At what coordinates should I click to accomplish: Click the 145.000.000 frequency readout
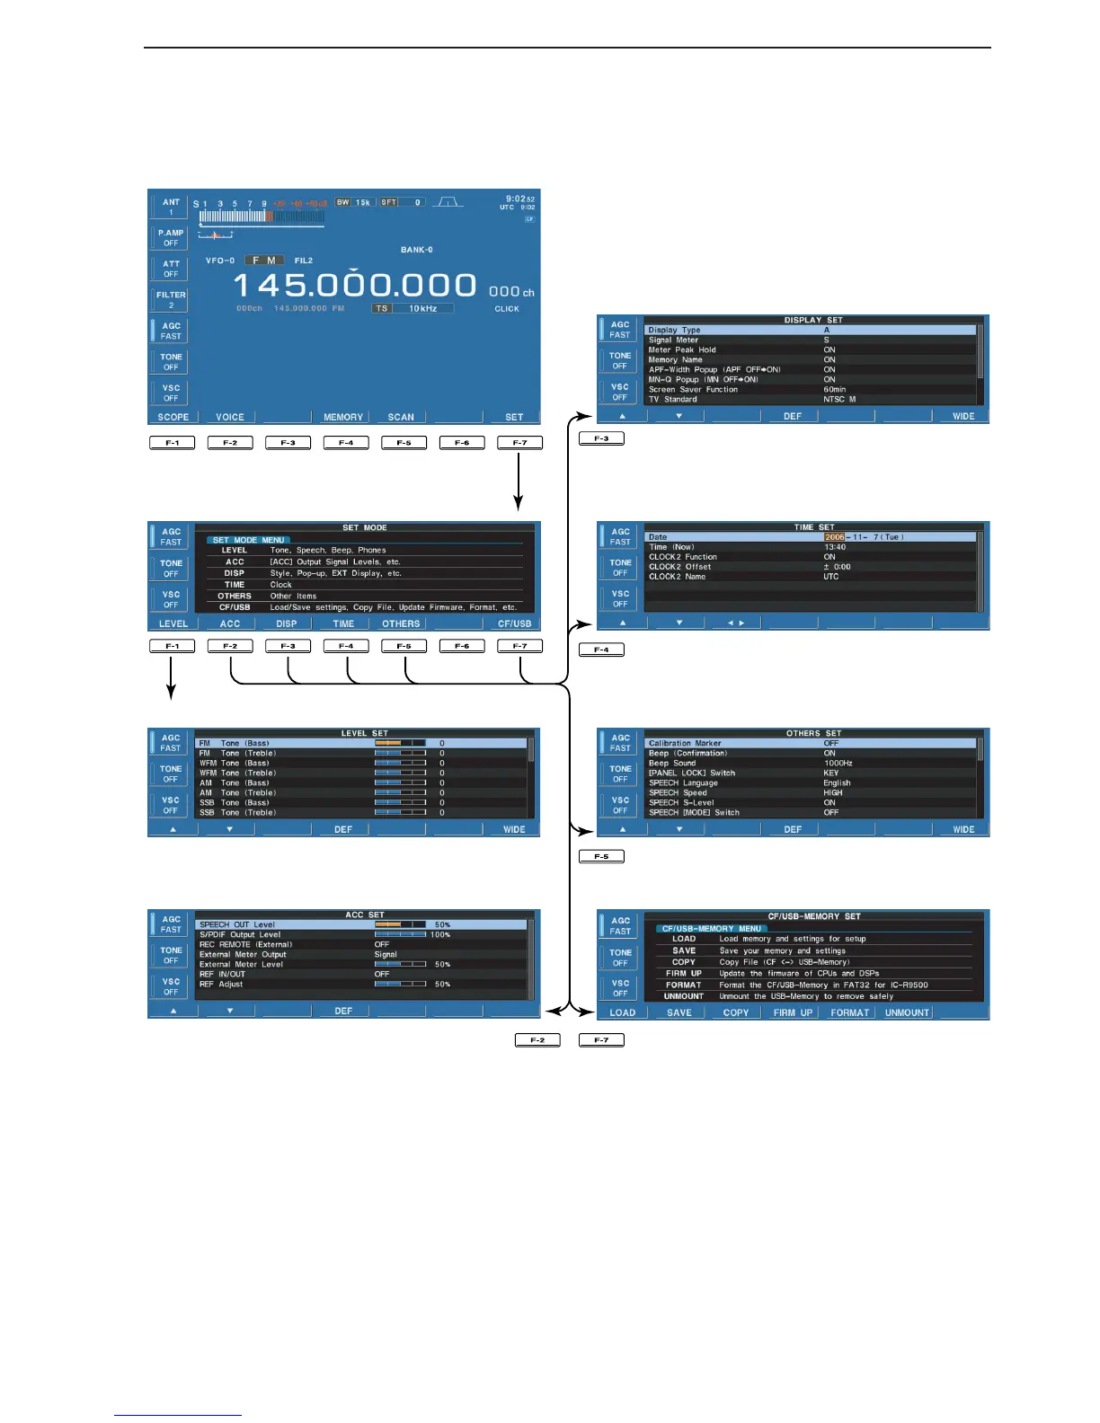[x=355, y=286]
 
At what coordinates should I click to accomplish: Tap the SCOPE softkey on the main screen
[x=173, y=417]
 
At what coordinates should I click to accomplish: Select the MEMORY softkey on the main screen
[x=343, y=417]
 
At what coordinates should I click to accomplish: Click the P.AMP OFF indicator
[x=171, y=238]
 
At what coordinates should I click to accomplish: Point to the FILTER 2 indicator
[x=171, y=300]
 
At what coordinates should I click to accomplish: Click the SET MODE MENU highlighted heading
[x=248, y=540]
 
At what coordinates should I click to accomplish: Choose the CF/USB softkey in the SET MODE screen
[x=514, y=623]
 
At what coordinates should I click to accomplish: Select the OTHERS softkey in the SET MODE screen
[x=401, y=623]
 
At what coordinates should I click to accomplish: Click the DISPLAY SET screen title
[x=813, y=320]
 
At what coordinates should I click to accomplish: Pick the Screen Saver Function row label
[x=693, y=390]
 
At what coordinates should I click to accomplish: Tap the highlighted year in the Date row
[x=835, y=537]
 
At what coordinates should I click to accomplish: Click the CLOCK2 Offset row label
[x=679, y=567]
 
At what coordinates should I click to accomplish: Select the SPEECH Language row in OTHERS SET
[x=683, y=783]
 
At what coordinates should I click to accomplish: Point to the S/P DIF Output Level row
[x=240, y=934]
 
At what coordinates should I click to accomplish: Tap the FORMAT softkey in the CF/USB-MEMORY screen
[x=849, y=1012]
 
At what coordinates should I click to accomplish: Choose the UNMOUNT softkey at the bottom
[x=907, y=1012]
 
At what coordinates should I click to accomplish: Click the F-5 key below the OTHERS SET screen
[x=601, y=857]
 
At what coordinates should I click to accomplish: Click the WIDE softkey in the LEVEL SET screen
[x=514, y=829]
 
